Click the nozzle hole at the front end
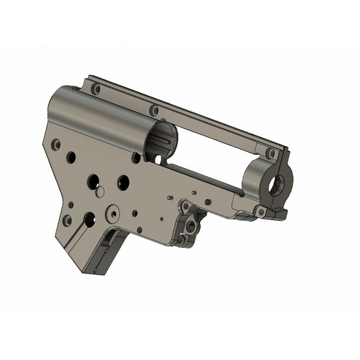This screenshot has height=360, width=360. pos(277,184)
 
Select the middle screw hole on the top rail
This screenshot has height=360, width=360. pos(154,111)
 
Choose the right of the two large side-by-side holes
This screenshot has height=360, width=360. pos(123,181)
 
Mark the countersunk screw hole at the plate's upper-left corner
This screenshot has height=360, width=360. pos(56,143)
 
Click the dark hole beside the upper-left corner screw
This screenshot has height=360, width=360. pos(71,156)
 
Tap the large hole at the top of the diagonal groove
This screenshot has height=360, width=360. pos(89,217)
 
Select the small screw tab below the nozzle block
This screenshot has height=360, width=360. pos(260,212)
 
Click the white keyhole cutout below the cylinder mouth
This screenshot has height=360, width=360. pos(157,158)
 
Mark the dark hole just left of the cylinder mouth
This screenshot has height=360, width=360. pos(137,157)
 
